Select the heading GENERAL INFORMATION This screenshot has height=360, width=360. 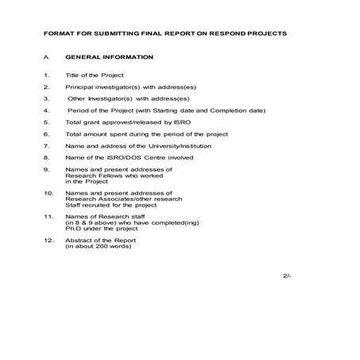[110, 58]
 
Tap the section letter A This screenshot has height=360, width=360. [48, 58]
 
